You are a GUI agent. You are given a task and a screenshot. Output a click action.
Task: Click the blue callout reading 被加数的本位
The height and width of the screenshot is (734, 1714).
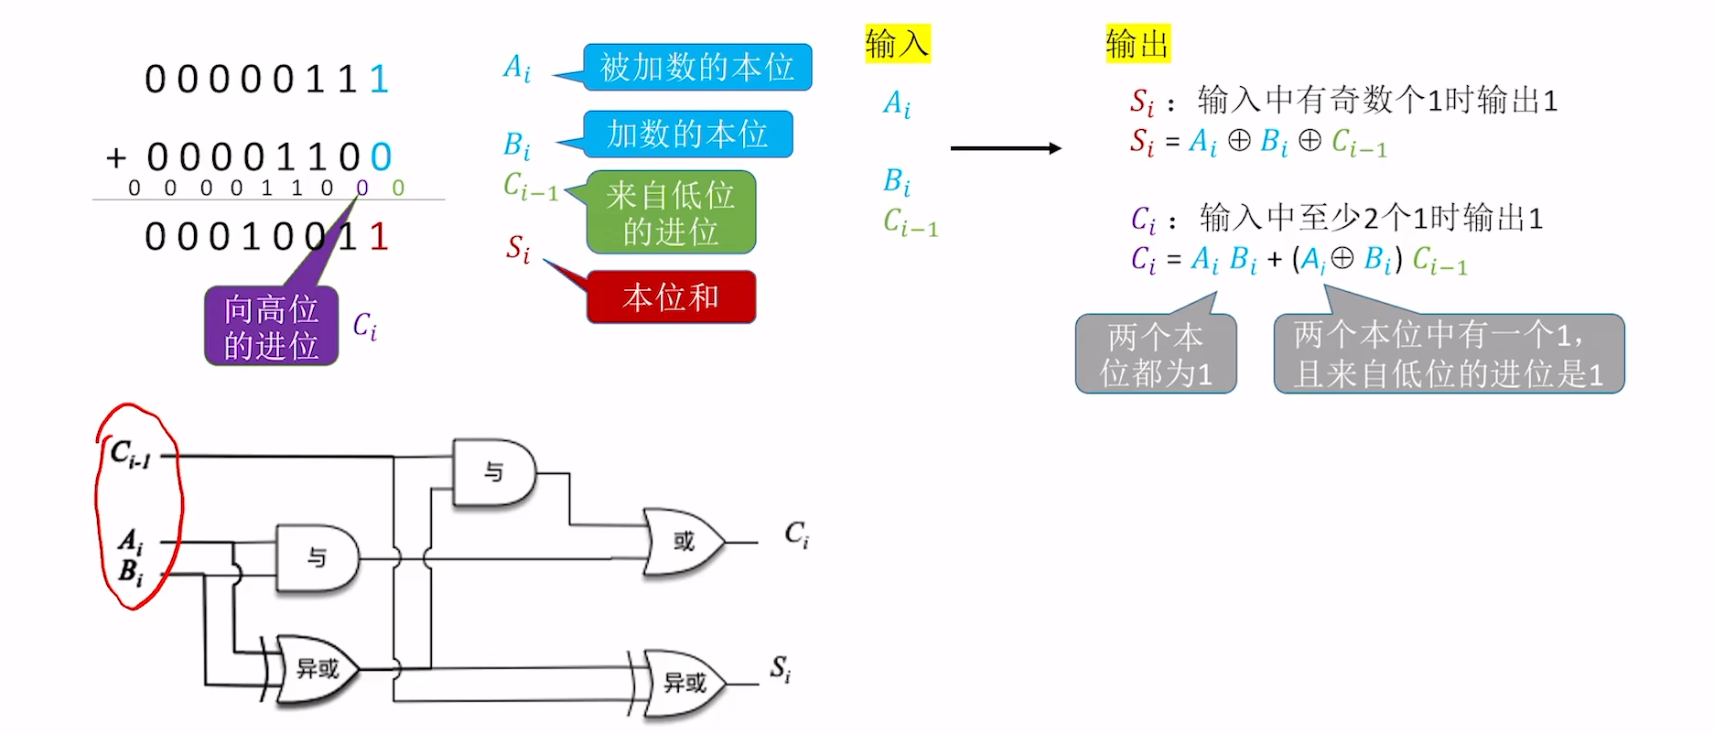(696, 67)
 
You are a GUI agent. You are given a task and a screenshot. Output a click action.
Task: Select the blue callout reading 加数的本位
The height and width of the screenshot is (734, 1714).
(687, 135)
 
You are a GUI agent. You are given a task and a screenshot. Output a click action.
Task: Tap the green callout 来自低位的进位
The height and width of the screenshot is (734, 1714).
(671, 212)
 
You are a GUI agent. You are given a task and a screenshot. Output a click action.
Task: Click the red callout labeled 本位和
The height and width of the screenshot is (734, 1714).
(671, 297)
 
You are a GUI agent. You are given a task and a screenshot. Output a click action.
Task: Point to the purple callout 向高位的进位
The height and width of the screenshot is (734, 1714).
(271, 327)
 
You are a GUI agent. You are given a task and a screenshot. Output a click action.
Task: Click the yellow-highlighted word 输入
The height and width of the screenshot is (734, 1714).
(897, 43)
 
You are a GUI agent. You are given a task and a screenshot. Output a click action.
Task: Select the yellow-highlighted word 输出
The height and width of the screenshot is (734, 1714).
(1137, 43)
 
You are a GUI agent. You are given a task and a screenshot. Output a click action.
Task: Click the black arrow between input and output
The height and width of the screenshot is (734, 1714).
(1005, 148)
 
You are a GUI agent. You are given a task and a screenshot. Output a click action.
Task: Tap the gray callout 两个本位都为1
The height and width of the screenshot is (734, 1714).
(1156, 354)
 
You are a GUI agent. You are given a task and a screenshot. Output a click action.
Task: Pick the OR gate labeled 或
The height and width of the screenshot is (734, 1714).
(683, 542)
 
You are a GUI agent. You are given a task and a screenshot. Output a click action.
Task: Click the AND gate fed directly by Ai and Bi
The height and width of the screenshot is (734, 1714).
(317, 557)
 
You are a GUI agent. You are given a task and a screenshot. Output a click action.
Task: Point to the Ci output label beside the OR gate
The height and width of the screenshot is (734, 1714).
(796, 534)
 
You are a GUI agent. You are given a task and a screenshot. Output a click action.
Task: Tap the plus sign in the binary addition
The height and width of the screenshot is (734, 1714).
(116, 157)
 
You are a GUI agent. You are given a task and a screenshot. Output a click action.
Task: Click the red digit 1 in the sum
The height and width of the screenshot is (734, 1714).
(379, 237)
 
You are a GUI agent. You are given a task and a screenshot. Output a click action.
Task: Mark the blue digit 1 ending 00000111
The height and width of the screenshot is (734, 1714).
(379, 80)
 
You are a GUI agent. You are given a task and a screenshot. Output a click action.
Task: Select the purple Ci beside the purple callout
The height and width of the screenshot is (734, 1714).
(364, 326)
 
